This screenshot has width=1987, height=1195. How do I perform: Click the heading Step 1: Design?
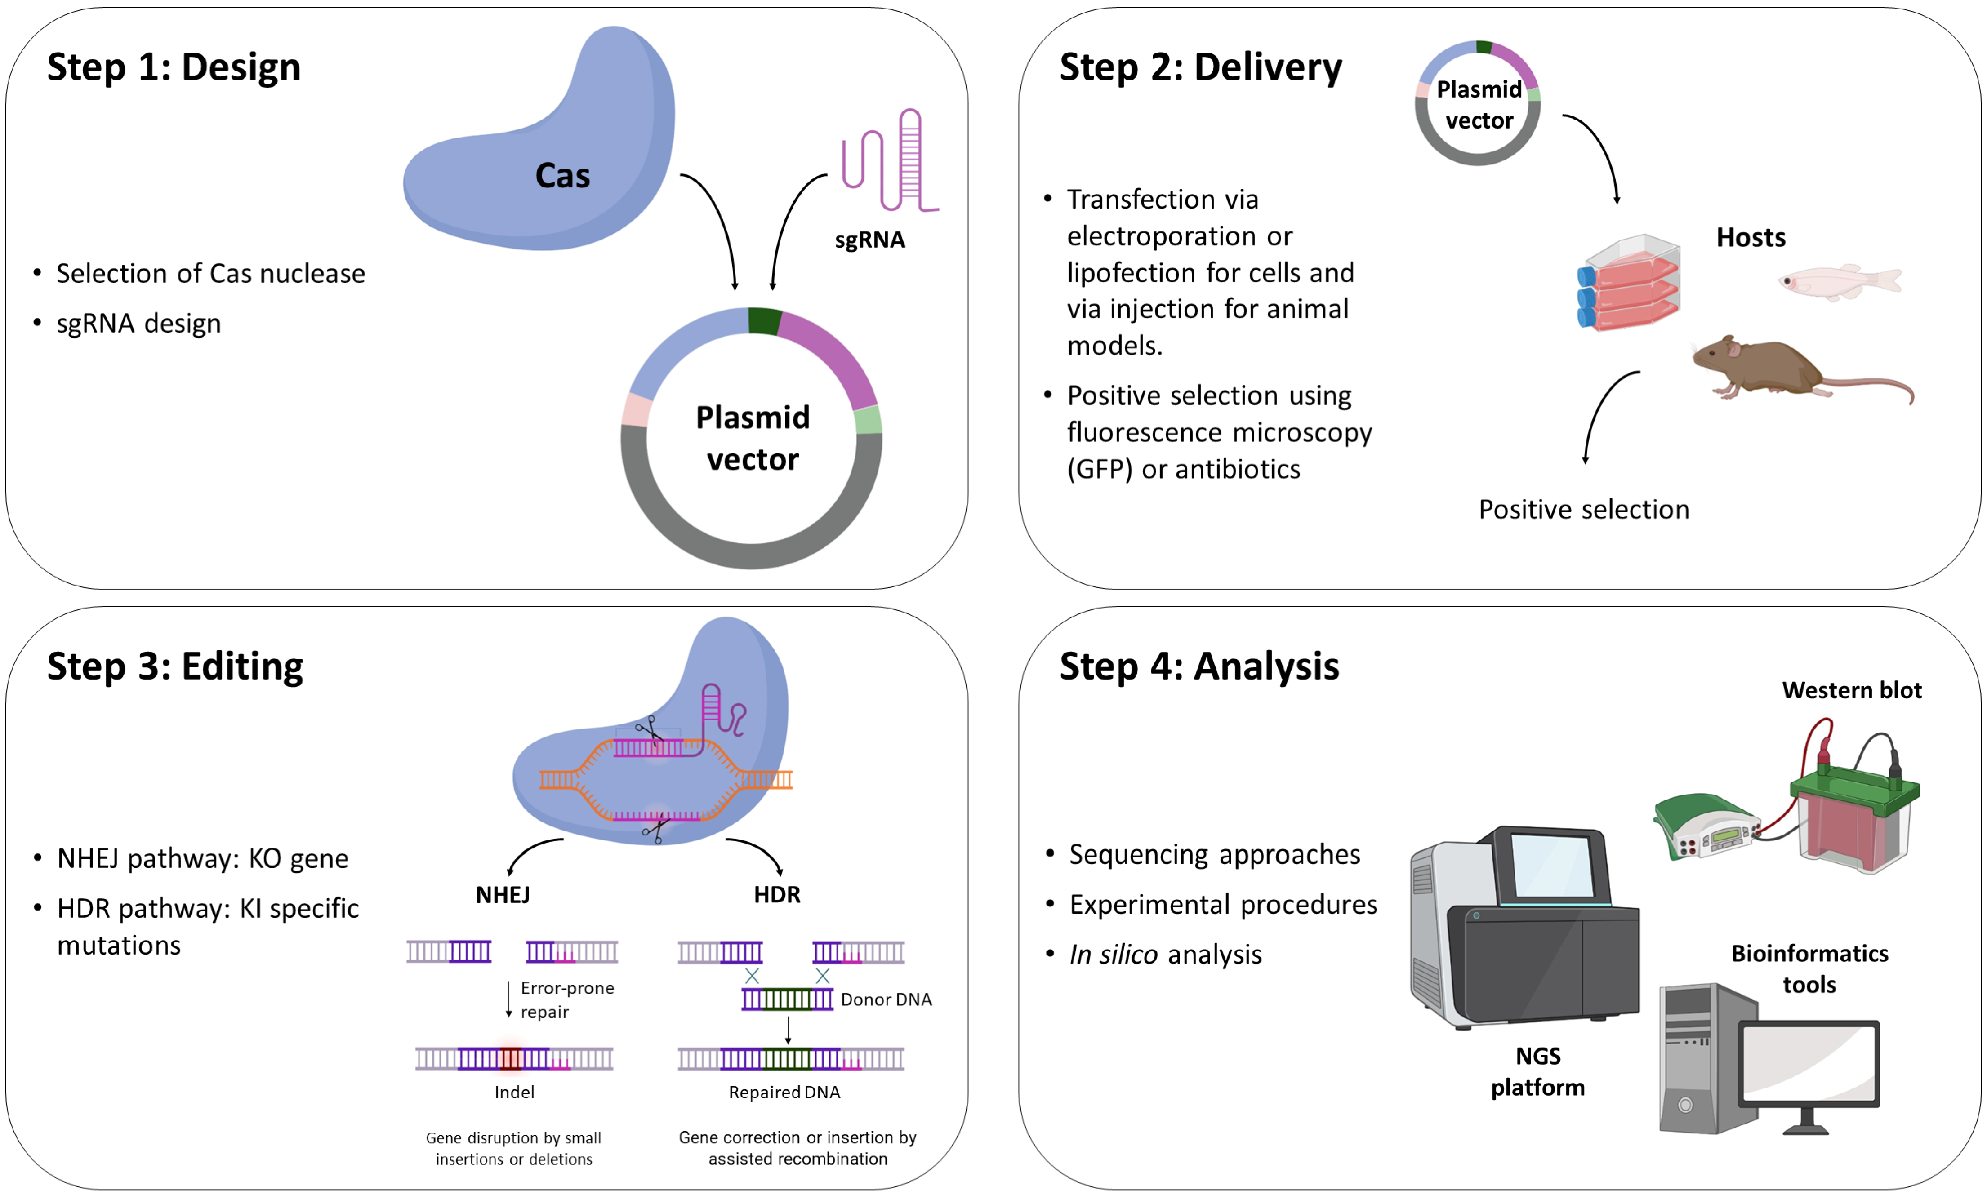click(173, 67)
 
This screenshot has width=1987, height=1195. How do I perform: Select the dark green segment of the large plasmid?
click(763, 320)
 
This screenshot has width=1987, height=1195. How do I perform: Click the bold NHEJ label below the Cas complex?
click(503, 895)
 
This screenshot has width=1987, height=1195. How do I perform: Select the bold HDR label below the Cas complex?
click(776, 895)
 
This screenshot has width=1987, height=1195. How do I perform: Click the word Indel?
click(514, 1092)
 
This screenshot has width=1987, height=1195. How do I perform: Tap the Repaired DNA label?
click(784, 1092)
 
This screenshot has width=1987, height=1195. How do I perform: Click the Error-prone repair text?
click(566, 1000)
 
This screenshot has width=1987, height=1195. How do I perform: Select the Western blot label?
click(1851, 690)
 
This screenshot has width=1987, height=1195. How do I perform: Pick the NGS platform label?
click(1537, 1071)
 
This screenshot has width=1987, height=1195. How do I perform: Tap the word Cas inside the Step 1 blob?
click(562, 176)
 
